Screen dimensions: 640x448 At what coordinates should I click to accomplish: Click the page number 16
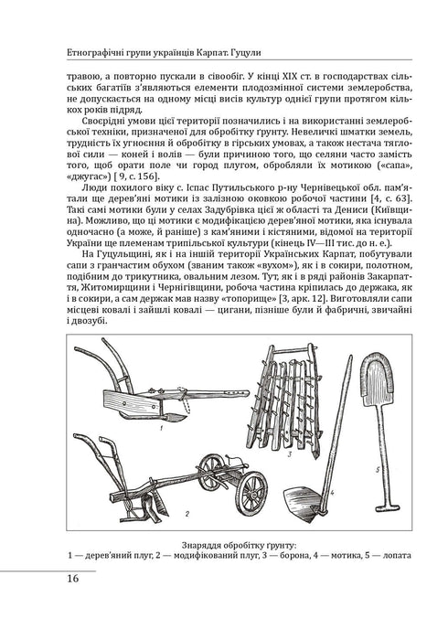(71, 578)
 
